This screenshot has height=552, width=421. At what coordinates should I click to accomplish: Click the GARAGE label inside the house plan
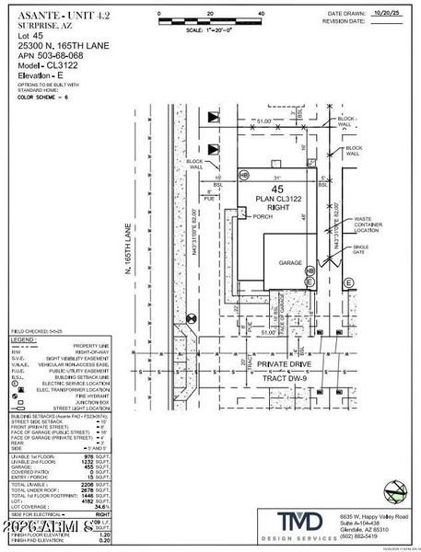pyautogui.click(x=292, y=262)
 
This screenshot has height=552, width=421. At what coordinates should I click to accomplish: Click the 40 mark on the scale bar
pyautogui.click(x=262, y=15)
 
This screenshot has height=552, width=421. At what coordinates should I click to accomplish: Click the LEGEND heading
pyautogui.click(x=24, y=339)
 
